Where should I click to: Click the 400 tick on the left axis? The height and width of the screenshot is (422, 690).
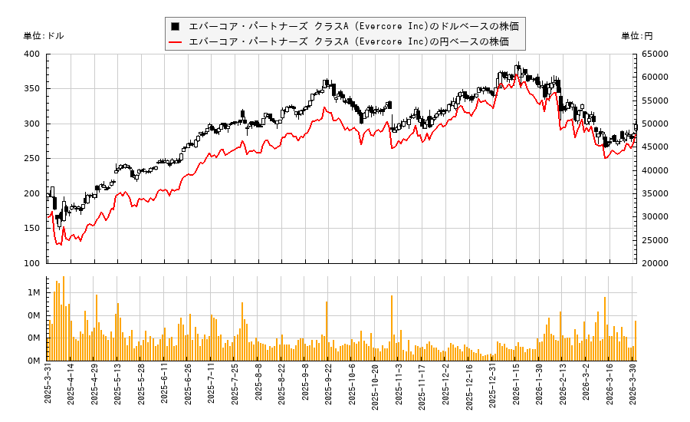(x=31, y=54)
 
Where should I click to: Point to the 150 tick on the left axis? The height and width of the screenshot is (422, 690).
(x=31, y=228)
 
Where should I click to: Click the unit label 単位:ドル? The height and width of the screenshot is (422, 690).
(x=44, y=35)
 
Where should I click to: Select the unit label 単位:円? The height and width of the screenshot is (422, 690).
(x=636, y=35)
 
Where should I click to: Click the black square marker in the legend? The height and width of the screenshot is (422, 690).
(x=176, y=26)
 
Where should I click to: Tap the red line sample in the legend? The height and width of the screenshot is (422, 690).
(x=176, y=41)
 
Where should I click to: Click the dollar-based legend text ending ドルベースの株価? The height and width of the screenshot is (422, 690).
(x=353, y=26)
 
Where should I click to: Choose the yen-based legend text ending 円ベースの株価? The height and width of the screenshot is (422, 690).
(x=348, y=41)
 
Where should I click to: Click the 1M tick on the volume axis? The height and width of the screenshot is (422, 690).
(x=34, y=293)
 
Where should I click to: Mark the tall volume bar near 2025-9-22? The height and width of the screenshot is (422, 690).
(x=327, y=331)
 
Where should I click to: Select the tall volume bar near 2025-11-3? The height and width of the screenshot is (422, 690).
(x=392, y=328)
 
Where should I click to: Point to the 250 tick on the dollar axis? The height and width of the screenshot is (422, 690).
(x=31, y=158)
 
